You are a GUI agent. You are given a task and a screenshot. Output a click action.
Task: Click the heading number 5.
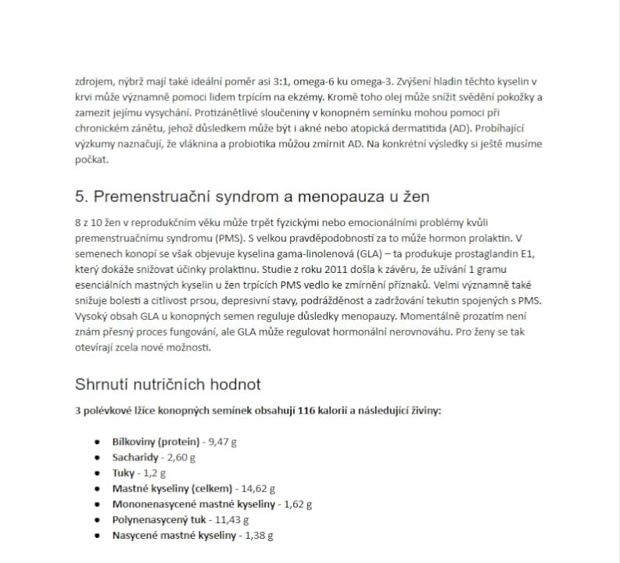[x=81, y=195]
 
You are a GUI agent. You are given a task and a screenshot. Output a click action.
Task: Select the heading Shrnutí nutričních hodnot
[x=167, y=384]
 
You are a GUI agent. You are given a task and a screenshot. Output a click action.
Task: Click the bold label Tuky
[x=124, y=473]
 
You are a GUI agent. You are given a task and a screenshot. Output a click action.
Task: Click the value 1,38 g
[x=259, y=536]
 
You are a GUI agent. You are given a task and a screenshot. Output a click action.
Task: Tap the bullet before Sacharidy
[x=97, y=457]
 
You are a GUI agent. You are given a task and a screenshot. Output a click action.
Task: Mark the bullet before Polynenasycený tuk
[x=97, y=520]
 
